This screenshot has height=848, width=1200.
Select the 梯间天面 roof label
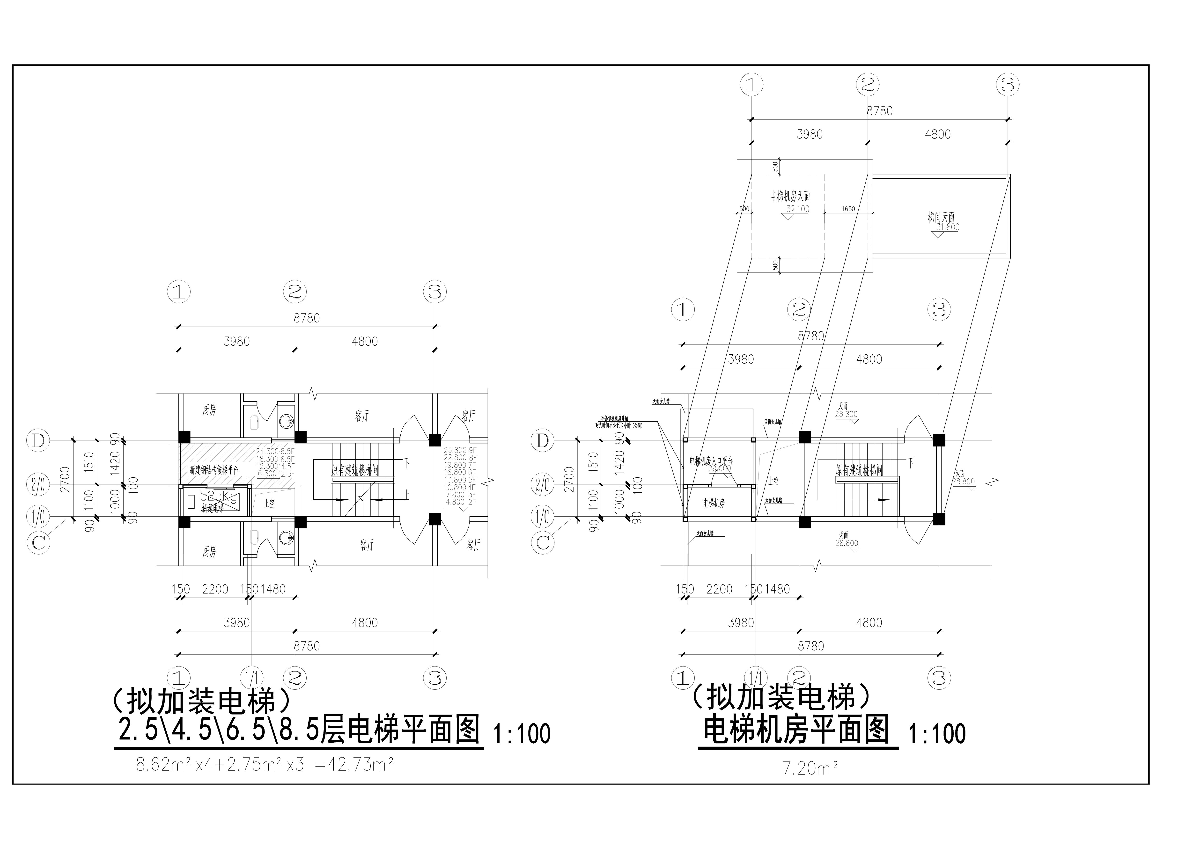coord(941,217)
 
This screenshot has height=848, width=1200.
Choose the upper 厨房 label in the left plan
coord(209,410)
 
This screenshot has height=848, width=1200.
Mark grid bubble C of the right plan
coord(543,543)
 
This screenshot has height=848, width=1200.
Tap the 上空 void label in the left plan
coord(269,504)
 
